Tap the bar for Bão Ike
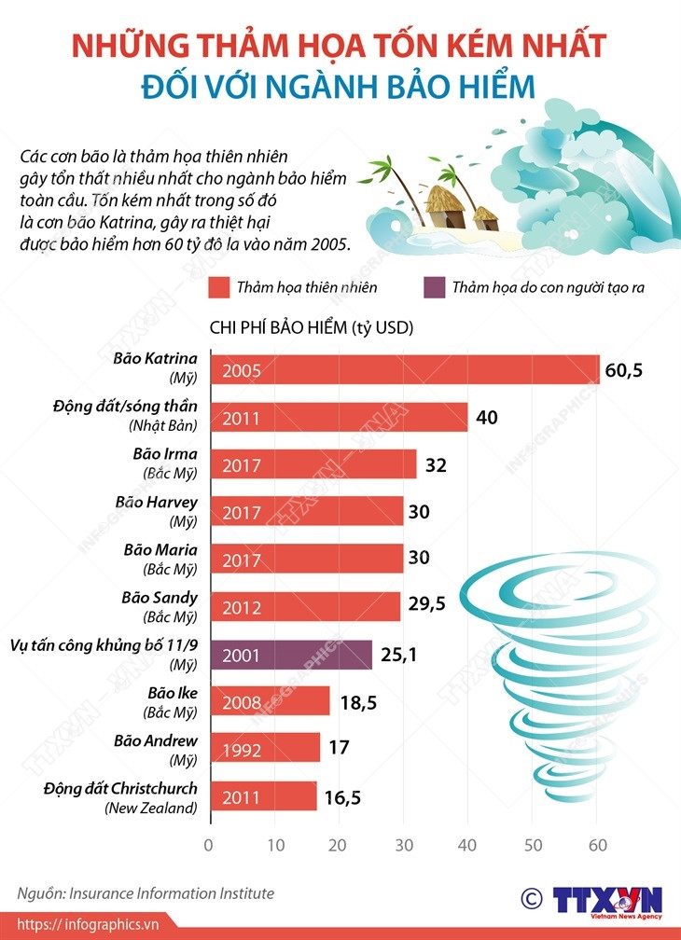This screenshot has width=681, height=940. pyautogui.click(x=270, y=700)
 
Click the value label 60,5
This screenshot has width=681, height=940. pyautogui.click(x=624, y=369)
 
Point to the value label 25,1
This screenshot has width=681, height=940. pyautogui.click(x=398, y=655)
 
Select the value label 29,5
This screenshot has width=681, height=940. pyautogui.click(x=426, y=604)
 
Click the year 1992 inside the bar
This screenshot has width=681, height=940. pyautogui.click(x=241, y=749)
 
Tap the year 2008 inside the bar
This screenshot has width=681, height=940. pyautogui.click(x=241, y=701)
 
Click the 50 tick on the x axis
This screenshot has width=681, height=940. pyautogui.click(x=532, y=846)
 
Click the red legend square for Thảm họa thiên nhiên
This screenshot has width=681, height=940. pyautogui.click(x=219, y=287)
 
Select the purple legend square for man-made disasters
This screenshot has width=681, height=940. pyautogui.click(x=432, y=287)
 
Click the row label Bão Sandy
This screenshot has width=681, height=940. pyautogui.click(x=160, y=596)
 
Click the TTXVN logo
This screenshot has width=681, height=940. pyautogui.click(x=607, y=900)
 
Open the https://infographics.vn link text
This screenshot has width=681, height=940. pyautogui.click(x=90, y=924)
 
